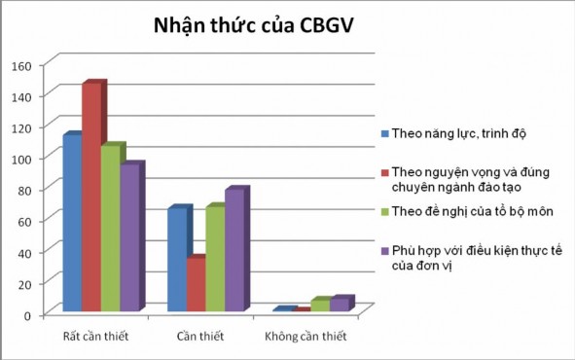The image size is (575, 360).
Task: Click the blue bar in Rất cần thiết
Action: point(72,224)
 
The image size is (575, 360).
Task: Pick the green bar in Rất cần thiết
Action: point(110,230)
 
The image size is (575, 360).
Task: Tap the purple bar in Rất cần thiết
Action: point(128,238)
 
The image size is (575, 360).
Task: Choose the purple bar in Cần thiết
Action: point(234,251)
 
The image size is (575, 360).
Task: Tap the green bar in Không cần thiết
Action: point(319,306)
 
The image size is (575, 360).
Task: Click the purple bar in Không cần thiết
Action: point(339,305)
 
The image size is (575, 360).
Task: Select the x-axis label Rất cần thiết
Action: point(95,337)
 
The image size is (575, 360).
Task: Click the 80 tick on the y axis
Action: point(24,190)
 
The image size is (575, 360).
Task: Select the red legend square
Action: point(384,172)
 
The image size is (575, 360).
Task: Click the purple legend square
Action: point(384,252)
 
